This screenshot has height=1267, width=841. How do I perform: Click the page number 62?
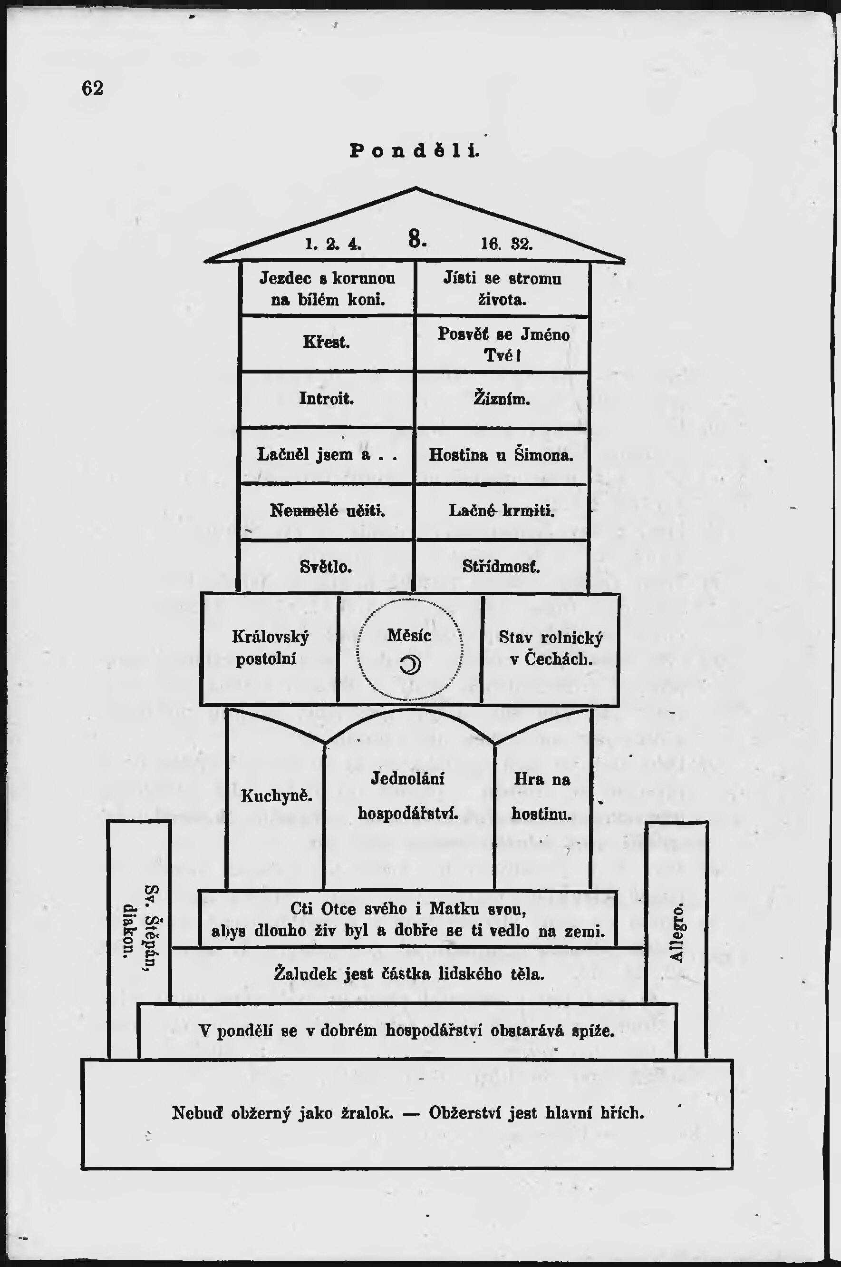point(92,88)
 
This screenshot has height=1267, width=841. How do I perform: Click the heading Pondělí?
point(414,151)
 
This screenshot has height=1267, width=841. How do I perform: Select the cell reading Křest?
point(326,343)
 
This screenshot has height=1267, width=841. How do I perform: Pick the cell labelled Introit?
point(326,399)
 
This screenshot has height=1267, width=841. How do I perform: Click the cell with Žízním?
point(502,399)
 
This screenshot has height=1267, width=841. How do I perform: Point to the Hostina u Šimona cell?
point(501,455)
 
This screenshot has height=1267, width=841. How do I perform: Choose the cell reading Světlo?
point(326,567)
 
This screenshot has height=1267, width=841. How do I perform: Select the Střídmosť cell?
point(501,567)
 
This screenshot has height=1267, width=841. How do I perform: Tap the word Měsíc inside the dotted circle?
point(409,637)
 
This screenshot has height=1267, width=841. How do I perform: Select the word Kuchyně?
point(276,796)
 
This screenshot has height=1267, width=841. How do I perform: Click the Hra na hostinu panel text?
point(541,796)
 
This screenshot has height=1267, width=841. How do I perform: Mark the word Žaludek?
point(305,973)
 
